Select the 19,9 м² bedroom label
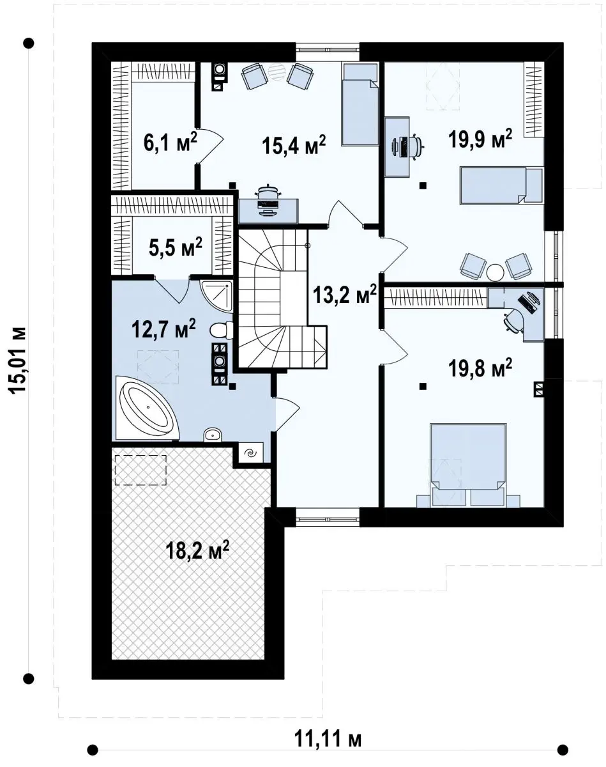pyautogui.click(x=480, y=138)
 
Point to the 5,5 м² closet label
pyautogui.click(x=175, y=248)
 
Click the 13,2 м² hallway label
pyautogui.click(x=345, y=295)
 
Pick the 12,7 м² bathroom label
pyautogui.click(x=163, y=329)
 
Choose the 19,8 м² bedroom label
pyautogui.click(x=480, y=368)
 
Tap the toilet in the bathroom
pyautogui.click(x=221, y=330)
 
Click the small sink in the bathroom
pyautogui.click(x=213, y=435)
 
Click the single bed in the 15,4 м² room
pyautogui.click(x=360, y=104)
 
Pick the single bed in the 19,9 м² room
pyautogui.click(x=501, y=186)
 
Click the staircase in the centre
pyautogui.click(x=282, y=298)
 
